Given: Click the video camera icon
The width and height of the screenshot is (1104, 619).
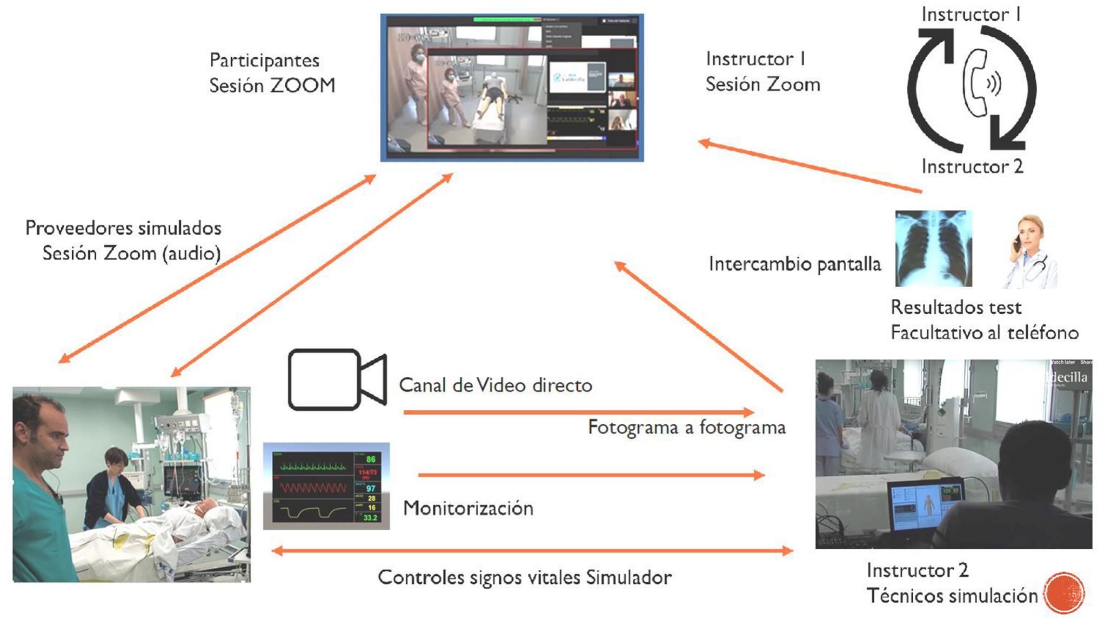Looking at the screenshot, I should (336, 379).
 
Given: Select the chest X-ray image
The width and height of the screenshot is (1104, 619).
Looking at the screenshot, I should (933, 249).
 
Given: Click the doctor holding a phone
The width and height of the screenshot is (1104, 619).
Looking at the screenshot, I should (1029, 251).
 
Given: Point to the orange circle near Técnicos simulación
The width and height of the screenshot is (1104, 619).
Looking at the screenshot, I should (1063, 593).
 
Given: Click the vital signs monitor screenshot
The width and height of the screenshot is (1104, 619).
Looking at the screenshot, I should (326, 485).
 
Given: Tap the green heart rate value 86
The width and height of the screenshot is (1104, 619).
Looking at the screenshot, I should (371, 460).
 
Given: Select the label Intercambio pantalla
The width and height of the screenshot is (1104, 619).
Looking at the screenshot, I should (794, 264).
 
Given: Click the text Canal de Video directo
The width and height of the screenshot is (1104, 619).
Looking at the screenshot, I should (496, 385).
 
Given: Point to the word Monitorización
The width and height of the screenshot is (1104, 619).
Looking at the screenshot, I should (468, 508).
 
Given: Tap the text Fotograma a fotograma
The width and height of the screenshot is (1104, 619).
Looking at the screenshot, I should (686, 427).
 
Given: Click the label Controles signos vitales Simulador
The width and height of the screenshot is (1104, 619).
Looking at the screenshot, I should (524, 577).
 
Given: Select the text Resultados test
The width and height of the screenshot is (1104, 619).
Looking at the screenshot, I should (956, 307).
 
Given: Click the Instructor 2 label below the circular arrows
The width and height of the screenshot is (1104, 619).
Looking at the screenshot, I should (972, 166).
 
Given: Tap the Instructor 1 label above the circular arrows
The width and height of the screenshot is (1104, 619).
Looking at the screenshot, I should (971, 14).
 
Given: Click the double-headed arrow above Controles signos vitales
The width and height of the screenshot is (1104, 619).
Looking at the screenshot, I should (532, 551).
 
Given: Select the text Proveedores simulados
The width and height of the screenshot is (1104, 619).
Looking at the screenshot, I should (123, 228).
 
